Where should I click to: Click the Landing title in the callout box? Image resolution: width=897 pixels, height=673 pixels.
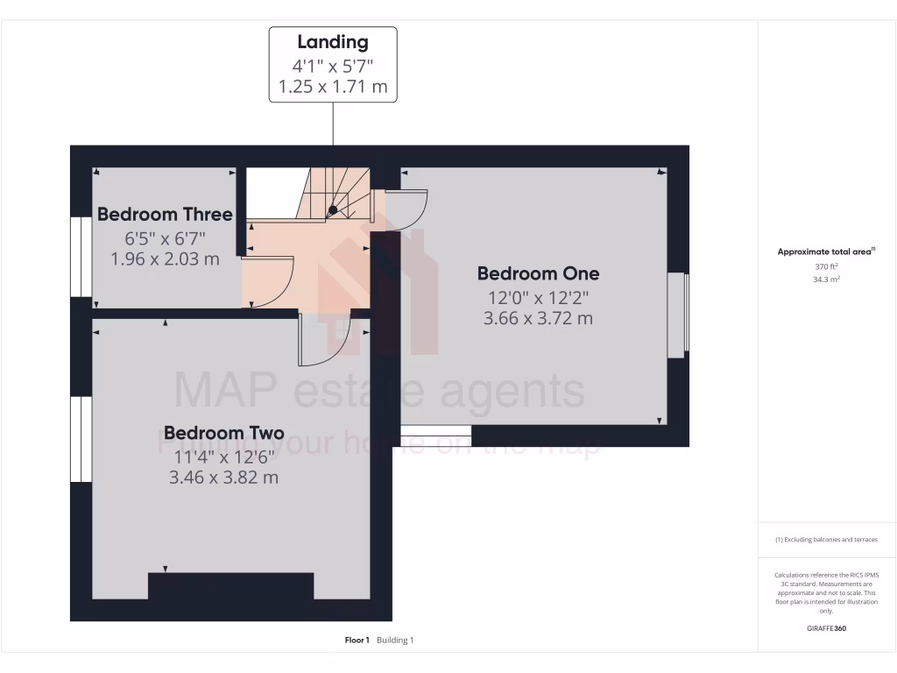333,41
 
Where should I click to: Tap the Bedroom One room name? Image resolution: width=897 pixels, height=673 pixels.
538,273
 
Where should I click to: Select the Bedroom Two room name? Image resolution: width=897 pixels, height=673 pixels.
223,433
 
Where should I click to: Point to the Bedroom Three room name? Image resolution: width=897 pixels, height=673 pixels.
165,215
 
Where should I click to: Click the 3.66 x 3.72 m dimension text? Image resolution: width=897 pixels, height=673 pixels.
538,318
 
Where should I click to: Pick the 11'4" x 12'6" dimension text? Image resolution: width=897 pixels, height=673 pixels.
223,456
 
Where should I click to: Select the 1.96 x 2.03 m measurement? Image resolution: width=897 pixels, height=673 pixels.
165,259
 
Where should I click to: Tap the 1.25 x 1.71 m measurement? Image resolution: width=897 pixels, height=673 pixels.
333,87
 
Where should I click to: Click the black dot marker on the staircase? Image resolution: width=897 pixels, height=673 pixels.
333,209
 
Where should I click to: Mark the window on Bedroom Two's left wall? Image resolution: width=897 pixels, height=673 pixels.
81,439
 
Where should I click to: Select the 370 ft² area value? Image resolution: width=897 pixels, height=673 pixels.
826,266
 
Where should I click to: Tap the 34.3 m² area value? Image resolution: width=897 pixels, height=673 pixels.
826,280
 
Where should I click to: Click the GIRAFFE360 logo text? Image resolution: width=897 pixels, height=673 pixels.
826,628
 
